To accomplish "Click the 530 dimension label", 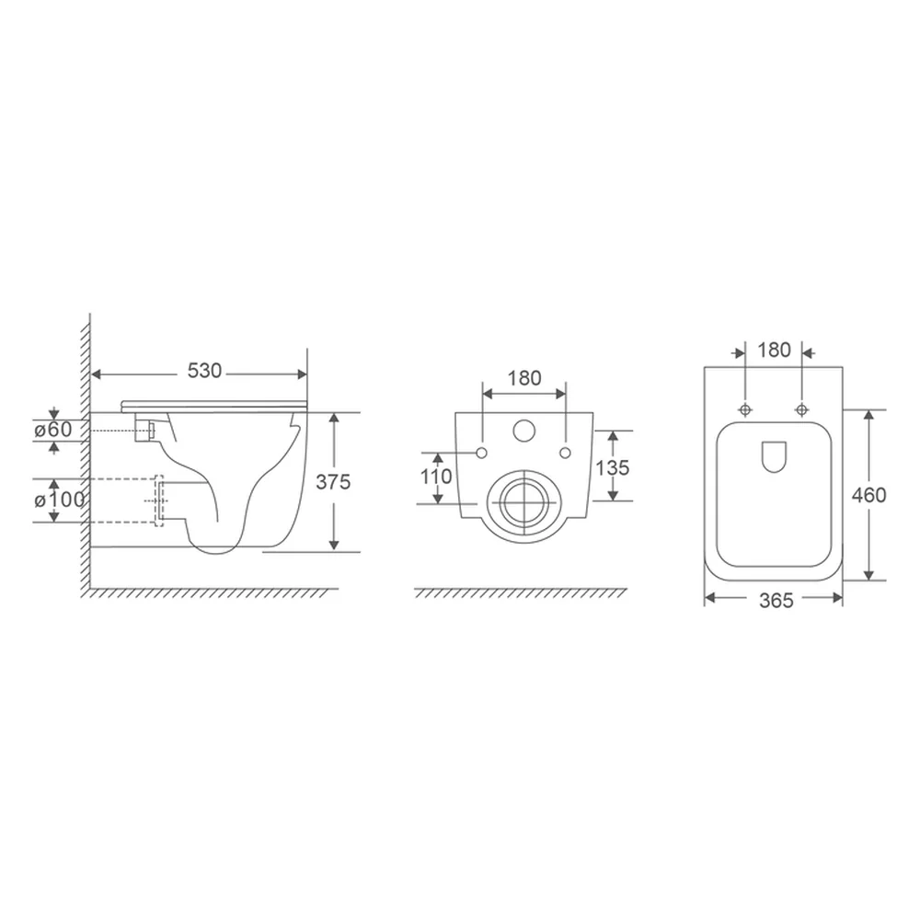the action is pos(204,371).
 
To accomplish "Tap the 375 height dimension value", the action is pos(333,482).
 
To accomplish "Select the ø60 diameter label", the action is pos(52,430).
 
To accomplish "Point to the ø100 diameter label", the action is pos(59,500).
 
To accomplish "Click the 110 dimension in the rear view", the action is pos(436,477).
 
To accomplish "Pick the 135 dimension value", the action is pos(613,467).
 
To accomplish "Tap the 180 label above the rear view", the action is pos(524,378).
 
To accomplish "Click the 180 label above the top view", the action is pos(774,351).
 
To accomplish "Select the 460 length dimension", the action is pos(868,495).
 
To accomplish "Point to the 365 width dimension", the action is pos(776,601).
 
